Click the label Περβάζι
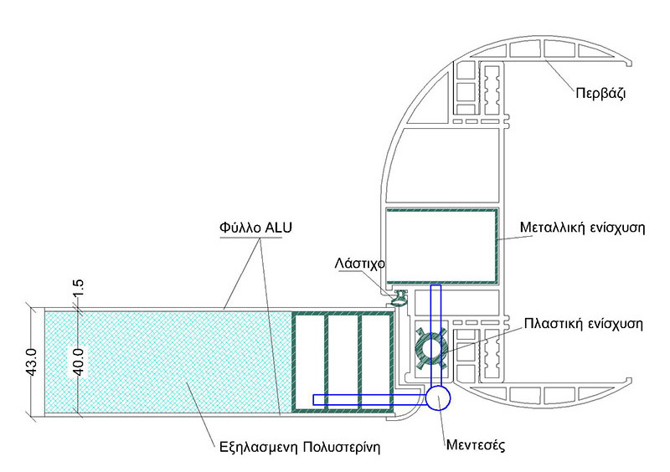[x=600, y=93]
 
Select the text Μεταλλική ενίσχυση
[x=582, y=228]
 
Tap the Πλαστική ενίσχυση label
[x=583, y=323]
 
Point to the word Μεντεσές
[x=476, y=445]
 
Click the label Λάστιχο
[x=360, y=263]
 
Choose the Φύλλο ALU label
[x=255, y=228]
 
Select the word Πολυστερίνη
[x=342, y=447]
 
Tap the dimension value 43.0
[x=33, y=362]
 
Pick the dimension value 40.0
[x=79, y=362]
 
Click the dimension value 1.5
[x=79, y=290]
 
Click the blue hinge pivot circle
[x=438, y=398]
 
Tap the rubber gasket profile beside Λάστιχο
[x=400, y=297]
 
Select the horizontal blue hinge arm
[x=369, y=399]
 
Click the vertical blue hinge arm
[x=435, y=336]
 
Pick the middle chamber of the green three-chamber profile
[x=343, y=362]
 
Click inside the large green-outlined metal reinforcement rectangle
[x=441, y=245]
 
